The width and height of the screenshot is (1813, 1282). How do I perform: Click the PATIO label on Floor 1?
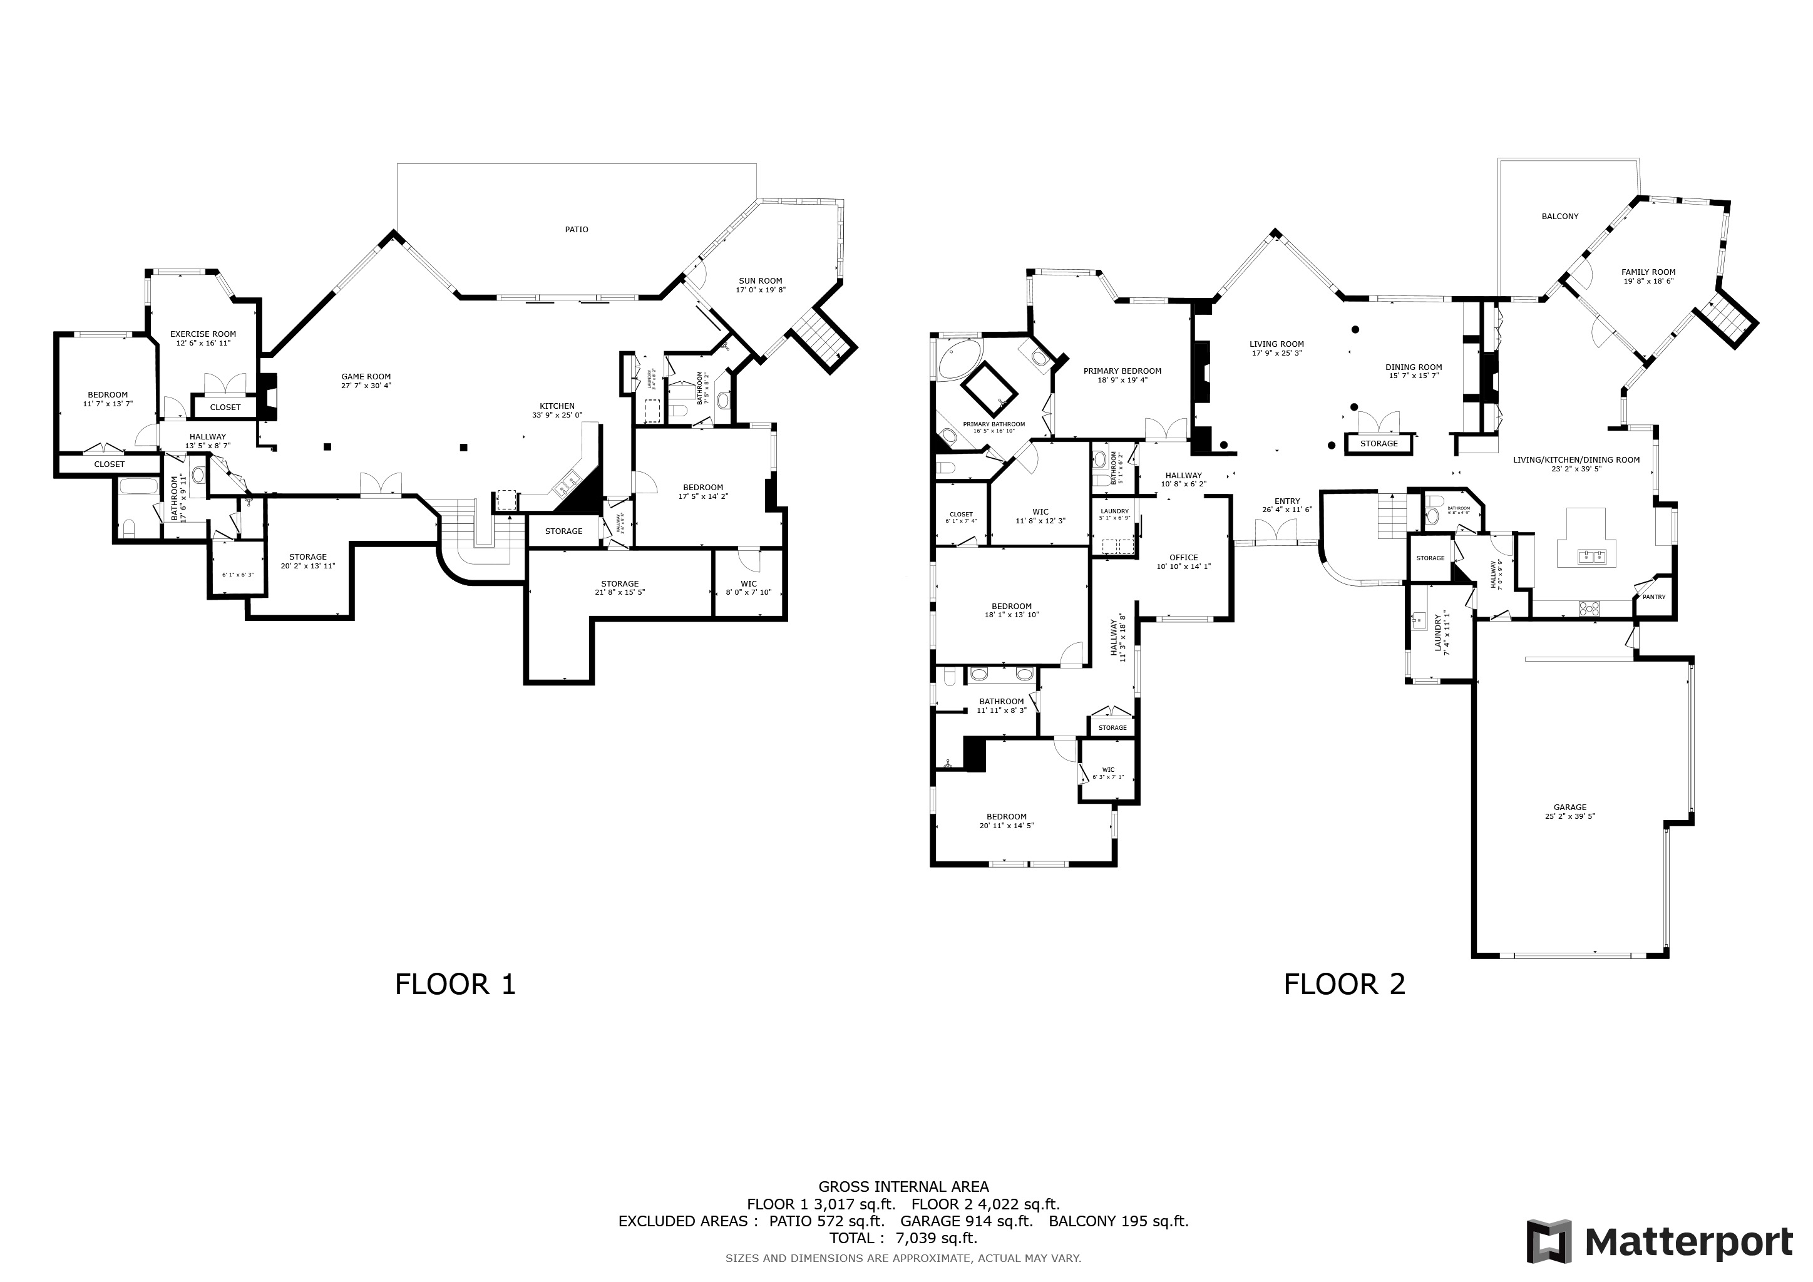pos(577,230)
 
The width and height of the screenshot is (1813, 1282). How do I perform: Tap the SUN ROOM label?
pos(761,281)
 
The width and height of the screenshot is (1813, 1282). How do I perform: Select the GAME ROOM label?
pos(366,377)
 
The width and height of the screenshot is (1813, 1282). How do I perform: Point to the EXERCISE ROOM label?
pos(203,334)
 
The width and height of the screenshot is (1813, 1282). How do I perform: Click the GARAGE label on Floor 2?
pos(1570,808)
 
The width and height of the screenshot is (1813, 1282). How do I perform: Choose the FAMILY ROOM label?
pos(1649,272)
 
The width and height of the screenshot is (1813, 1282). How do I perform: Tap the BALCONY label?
pos(1560,217)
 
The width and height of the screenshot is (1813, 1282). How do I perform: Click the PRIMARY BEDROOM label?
pos(1122,371)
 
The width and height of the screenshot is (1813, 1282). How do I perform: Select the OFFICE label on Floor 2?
pos(1184,557)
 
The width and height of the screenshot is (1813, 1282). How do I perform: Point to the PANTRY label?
pos(1653,597)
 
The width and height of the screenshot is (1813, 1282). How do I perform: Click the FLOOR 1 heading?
pos(455,985)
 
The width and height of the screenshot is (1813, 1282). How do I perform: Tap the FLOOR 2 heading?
pos(1345,985)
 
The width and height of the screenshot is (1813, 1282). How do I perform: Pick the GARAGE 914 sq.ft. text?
pos(967,1221)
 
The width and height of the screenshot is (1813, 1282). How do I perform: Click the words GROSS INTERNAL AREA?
pos(903,1186)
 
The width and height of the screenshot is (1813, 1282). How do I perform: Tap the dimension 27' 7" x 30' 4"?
pos(366,386)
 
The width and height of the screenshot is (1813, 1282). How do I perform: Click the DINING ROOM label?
pos(1414,367)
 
